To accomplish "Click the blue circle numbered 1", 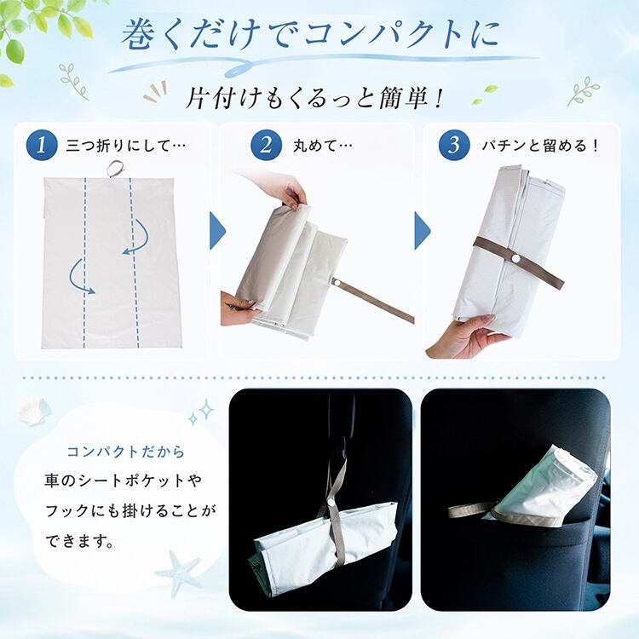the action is [x=41, y=145].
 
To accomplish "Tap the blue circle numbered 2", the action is [x=266, y=145].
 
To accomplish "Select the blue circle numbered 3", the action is [x=454, y=145].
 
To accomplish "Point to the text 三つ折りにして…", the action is [x=125, y=146].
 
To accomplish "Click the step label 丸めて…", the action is [x=322, y=146].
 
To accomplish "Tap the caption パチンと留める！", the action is [x=540, y=146].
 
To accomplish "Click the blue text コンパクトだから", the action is [x=126, y=452].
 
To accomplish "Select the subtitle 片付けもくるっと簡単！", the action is [x=314, y=100].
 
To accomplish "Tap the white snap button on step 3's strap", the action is [x=516, y=259].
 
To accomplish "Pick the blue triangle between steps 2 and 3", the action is [x=423, y=231].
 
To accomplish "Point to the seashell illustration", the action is [x=34, y=410].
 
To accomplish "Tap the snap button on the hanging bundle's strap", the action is [x=331, y=504].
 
